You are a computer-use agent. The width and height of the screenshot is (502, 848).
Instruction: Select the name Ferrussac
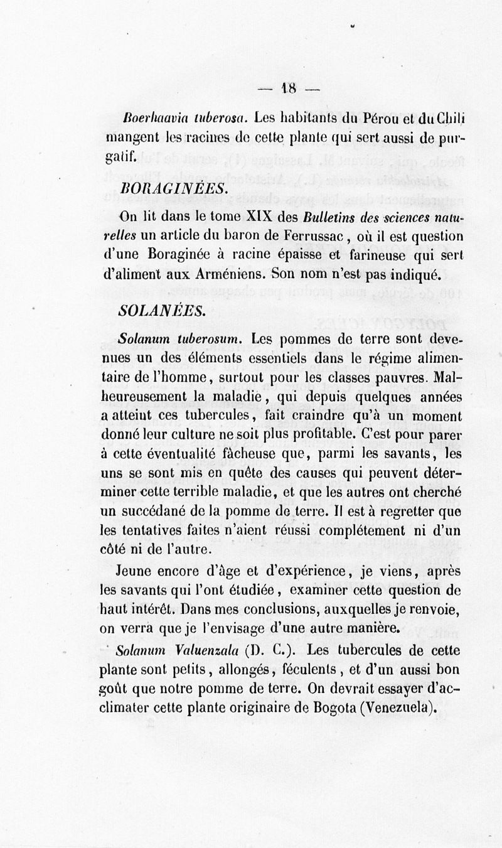306,237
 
